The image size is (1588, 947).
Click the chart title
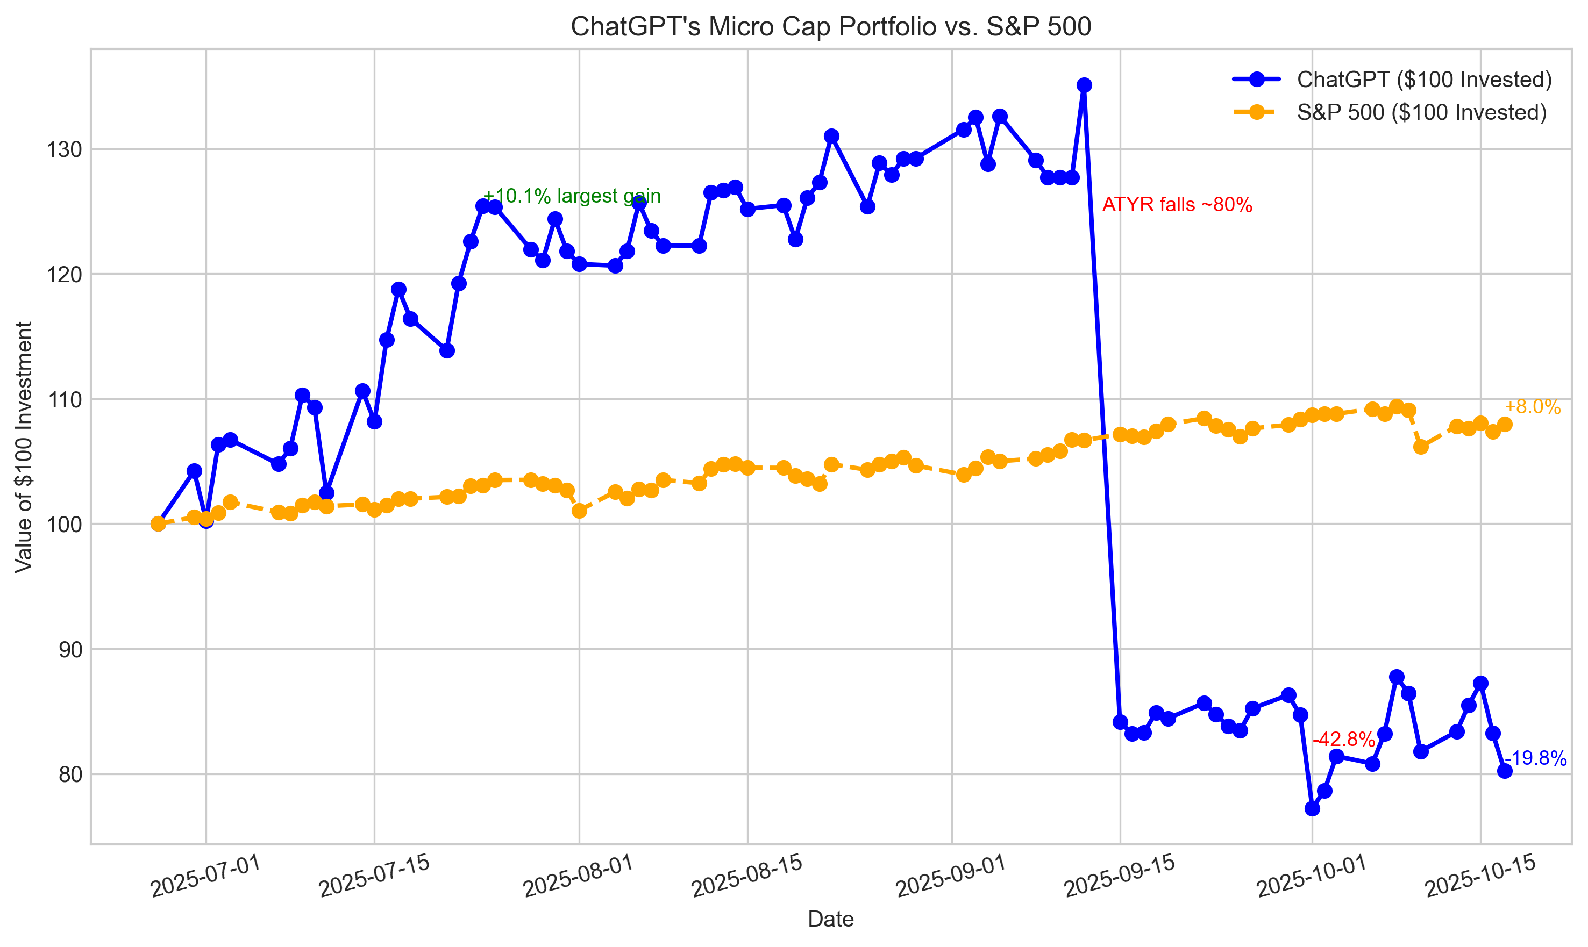coord(830,27)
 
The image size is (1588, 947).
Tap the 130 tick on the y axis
coord(64,150)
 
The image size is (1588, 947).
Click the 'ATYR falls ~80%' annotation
coord(1177,205)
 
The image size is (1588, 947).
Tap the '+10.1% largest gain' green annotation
coord(572,196)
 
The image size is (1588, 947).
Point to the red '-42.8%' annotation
coord(1343,740)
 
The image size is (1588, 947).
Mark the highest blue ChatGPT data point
coord(1084,85)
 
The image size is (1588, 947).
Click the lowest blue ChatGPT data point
coord(1312,808)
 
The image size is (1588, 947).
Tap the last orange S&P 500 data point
coord(1504,425)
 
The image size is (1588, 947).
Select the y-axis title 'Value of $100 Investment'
coord(24,447)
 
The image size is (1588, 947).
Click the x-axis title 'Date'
coord(830,919)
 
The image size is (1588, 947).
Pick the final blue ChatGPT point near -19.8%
coord(1504,771)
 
